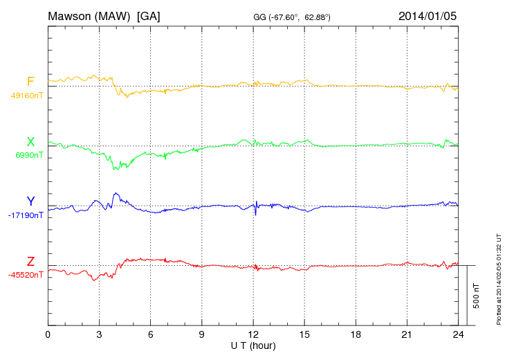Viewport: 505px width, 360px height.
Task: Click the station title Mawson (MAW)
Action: click(x=89, y=15)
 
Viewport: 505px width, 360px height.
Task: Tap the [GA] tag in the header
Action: click(x=149, y=15)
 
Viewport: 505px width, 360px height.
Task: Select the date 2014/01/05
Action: click(x=428, y=15)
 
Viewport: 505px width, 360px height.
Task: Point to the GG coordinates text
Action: click(x=293, y=17)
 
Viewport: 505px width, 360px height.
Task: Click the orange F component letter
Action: click(x=30, y=82)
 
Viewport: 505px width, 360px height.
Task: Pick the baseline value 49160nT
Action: click(x=27, y=96)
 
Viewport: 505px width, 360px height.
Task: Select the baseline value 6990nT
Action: click(x=29, y=155)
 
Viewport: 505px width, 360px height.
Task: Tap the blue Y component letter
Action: click(x=30, y=201)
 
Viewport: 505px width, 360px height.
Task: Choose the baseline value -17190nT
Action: click(x=26, y=215)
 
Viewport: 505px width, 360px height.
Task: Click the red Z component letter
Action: click(x=30, y=261)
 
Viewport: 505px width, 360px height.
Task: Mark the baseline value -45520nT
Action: click(x=26, y=275)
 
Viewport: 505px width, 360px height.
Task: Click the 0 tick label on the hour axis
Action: click(x=48, y=334)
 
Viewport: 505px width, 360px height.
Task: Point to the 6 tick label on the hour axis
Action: click(x=150, y=334)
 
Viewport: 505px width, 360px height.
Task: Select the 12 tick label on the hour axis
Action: click(x=253, y=334)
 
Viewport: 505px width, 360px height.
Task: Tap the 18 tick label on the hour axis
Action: click(x=356, y=334)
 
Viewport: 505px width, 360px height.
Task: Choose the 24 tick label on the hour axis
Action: click(x=458, y=334)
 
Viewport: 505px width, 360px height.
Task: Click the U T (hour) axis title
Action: click(x=253, y=345)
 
